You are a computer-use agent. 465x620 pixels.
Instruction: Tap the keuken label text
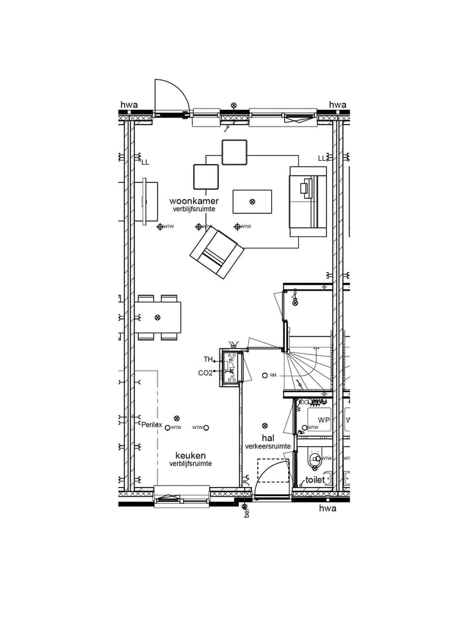point(191,455)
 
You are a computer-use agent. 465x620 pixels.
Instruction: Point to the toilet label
point(315,480)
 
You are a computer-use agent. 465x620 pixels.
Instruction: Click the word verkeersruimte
point(267,446)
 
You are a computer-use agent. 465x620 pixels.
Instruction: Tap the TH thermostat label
point(209,360)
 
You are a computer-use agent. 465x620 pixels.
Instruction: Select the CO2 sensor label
point(205,373)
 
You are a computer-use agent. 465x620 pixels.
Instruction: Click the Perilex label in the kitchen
point(151,424)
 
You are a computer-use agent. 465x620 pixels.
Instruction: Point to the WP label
point(324,420)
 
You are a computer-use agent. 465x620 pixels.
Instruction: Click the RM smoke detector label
point(273,375)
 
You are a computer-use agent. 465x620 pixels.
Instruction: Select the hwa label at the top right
point(338,105)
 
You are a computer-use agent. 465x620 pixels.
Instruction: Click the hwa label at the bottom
point(328,508)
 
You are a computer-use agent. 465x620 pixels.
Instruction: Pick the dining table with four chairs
point(158,318)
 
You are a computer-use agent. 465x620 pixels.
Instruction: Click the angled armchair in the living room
point(217,253)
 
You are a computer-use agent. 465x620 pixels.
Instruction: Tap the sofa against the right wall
point(307,201)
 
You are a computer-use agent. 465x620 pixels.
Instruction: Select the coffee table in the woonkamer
point(252,201)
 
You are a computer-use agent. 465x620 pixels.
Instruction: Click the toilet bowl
point(315,459)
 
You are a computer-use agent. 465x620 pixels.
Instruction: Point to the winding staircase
point(309,365)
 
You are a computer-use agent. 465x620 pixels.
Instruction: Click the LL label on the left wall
point(145,162)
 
